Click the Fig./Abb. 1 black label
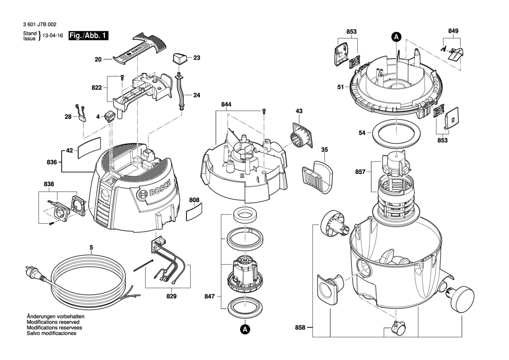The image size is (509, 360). (88, 36)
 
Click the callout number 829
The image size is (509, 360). (171, 296)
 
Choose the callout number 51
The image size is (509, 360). (341, 87)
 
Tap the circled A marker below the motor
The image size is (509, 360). (245, 330)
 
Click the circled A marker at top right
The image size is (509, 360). (396, 37)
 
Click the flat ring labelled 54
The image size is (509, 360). (397, 133)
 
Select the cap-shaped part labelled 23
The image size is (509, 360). (179, 58)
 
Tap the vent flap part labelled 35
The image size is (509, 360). (316, 175)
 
